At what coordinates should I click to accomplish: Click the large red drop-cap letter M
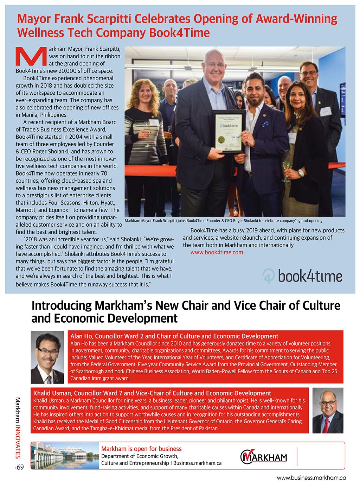pos(31,57)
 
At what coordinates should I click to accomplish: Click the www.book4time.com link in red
pos(217,252)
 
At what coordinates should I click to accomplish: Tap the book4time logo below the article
pos(302,276)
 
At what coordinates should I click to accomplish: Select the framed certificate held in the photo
pos(228,132)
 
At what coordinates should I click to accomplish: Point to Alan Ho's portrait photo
pos(47,357)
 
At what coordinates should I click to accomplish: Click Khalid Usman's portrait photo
pos(328,410)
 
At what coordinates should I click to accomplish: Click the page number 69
pos(19,467)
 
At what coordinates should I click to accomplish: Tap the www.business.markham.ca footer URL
pos(311,478)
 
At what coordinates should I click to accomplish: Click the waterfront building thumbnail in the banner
pos(64,456)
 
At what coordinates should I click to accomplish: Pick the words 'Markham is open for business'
pos(141,449)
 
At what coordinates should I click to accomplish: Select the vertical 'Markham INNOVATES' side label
pos(18,428)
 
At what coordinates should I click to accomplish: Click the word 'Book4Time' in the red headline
pos(179,33)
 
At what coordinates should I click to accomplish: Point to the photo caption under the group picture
pos(224,221)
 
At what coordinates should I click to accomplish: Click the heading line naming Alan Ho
pos(174,336)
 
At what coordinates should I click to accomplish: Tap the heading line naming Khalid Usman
pos(152,393)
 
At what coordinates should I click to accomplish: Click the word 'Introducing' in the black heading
pos(62,305)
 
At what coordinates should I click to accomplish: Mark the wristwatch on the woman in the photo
pos(301,173)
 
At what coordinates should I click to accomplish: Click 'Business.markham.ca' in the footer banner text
pos(197,463)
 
